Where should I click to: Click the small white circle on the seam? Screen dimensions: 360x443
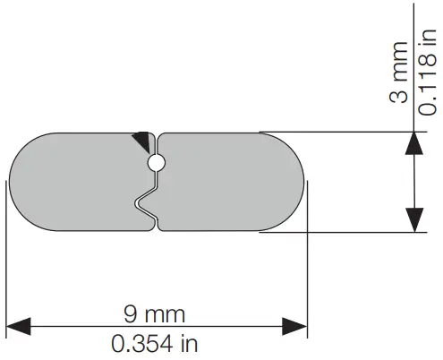(x=156, y=162)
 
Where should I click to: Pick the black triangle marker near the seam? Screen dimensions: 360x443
(x=141, y=140)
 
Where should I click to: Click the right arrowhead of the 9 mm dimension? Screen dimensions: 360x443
(x=294, y=326)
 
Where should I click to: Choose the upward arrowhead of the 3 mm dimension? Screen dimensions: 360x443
(x=414, y=145)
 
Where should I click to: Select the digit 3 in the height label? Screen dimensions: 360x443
(x=399, y=97)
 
